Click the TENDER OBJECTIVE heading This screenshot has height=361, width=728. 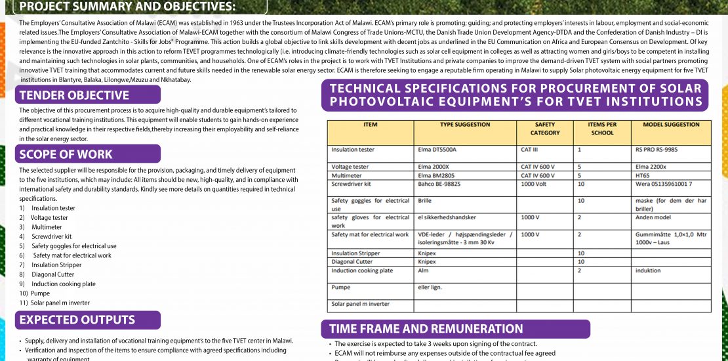click(x=74, y=95)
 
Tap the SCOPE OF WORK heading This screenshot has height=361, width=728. click(x=66, y=154)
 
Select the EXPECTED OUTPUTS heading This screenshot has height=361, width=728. click(x=77, y=320)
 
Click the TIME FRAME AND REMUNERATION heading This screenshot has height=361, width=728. click(x=426, y=329)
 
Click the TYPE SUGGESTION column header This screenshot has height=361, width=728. click(x=464, y=124)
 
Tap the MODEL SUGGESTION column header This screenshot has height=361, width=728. click(x=671, y=124)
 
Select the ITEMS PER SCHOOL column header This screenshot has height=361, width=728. click(x=602, y=128)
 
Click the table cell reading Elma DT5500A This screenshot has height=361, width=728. click(x=437, y=150)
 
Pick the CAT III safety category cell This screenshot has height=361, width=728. click(x=530, y=150)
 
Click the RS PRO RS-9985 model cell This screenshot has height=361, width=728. click(x=657, y=150)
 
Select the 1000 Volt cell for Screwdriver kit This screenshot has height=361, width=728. click(x=535, y=184)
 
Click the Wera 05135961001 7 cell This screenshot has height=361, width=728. click(x=664, y=184)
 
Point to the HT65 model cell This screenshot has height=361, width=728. click(x=643, y=175)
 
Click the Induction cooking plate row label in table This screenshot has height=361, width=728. click(x=362, y=270)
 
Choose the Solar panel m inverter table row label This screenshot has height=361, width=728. click(x=360, y=304)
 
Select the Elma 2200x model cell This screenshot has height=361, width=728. click(x=651, y=167)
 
